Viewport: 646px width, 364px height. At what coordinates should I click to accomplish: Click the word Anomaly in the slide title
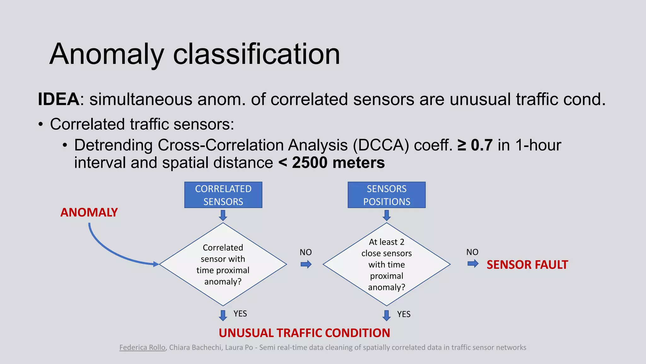point(107,54)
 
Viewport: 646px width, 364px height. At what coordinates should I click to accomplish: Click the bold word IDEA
point(59,99)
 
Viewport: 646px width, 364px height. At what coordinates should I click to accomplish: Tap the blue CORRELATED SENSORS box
point(223,195)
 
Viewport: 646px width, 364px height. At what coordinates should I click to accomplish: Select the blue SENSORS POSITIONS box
point(386,195)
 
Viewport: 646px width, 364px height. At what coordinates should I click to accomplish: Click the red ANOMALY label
point(89,212)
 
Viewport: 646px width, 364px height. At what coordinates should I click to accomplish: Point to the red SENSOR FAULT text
point(527,265)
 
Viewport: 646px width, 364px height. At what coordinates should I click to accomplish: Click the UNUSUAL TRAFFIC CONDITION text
point(304,333)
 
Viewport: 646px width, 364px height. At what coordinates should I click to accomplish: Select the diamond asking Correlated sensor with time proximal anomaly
point(223,264)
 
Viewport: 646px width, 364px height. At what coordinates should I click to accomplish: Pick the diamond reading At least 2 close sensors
point(386,264)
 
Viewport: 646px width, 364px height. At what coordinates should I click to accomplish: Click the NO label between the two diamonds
point(305,252)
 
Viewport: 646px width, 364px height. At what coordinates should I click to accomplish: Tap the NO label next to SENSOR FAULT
point(472,252)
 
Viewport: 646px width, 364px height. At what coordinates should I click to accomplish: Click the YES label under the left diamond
point(240,314)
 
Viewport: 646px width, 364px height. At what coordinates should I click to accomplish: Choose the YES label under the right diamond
point(404,314)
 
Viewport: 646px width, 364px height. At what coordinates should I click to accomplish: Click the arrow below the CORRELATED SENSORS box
point(223,215)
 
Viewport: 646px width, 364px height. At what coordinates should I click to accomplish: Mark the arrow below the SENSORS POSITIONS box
point(386,215)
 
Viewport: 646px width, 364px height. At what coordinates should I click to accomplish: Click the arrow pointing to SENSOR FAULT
point(473,264)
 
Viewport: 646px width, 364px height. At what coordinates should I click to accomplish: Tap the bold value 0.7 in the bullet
point(482,145)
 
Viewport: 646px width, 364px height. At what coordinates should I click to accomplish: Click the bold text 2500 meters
point(338,163)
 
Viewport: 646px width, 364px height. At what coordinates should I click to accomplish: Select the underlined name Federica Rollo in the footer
point(142,348)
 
